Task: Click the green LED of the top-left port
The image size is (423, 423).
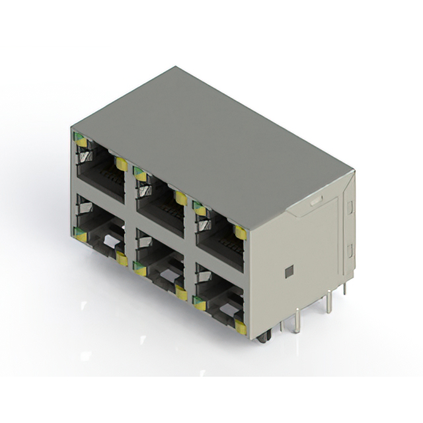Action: tap(79, 139)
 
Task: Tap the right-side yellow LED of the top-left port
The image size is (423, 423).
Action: tap(121, 163)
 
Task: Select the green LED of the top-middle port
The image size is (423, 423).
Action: tap(139, 174)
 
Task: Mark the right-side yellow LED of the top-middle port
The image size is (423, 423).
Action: tap(180, 197)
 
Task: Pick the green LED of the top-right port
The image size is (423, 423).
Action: tap(198, 208)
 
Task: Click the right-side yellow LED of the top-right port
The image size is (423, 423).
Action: tap(240, 232)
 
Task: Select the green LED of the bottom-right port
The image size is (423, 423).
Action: tap(198, 301)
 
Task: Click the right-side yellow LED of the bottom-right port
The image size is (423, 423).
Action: tap(241, 327)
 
